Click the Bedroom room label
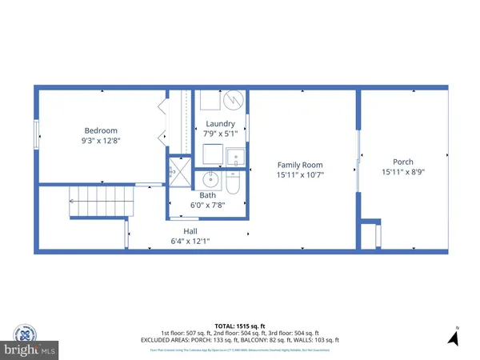pos(102,130)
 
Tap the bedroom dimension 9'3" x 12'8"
pos(102,141)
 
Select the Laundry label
pos(220,123)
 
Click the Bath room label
pos(207,194)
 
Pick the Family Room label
pos(300,164)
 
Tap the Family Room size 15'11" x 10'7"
pos(300,174)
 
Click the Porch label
pos(402,161)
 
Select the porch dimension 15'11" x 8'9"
pos(402,171)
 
